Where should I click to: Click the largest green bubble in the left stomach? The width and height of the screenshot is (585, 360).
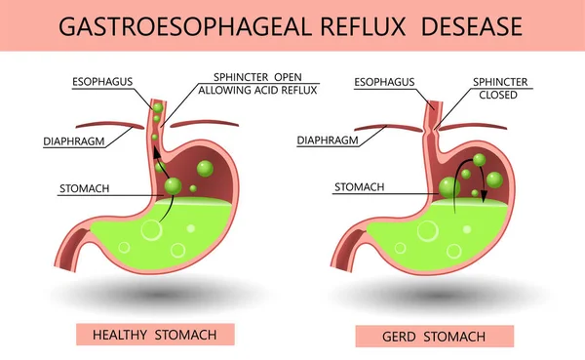(175, 184)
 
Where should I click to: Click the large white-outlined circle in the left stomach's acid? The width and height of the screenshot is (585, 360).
(151, 231)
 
